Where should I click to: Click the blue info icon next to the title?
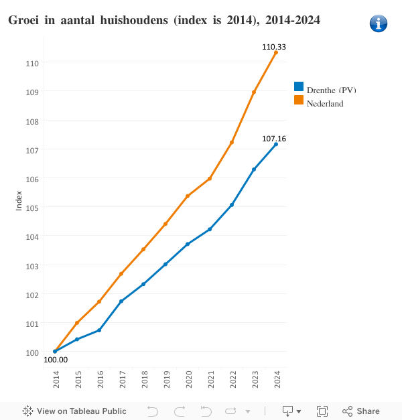[379, 23]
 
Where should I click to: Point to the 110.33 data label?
[274, 47]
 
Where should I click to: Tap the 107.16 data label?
[274, 139]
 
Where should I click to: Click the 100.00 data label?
[56, 360]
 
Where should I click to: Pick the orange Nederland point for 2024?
[276, 52]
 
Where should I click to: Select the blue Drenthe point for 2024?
[276, 144]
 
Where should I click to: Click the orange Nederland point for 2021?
[210, 178]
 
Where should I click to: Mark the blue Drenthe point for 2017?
[121, 301]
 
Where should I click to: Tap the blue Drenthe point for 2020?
[188, 244]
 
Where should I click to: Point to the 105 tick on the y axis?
[33, 207]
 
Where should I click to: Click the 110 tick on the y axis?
[33, 63]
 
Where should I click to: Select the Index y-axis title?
[19, 200]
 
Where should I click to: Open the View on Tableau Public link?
[74, 411]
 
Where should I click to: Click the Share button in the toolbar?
[361, 411]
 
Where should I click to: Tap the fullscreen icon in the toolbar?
[322, 411]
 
